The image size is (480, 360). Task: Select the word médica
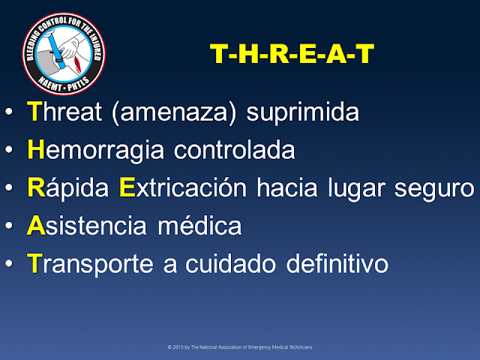click(x=206, y=225)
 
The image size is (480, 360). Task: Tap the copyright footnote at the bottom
click(x=240, y=348)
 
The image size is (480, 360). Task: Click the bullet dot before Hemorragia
click(x=8, y=151)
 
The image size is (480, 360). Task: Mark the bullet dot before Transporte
click(x=8, y=264)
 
